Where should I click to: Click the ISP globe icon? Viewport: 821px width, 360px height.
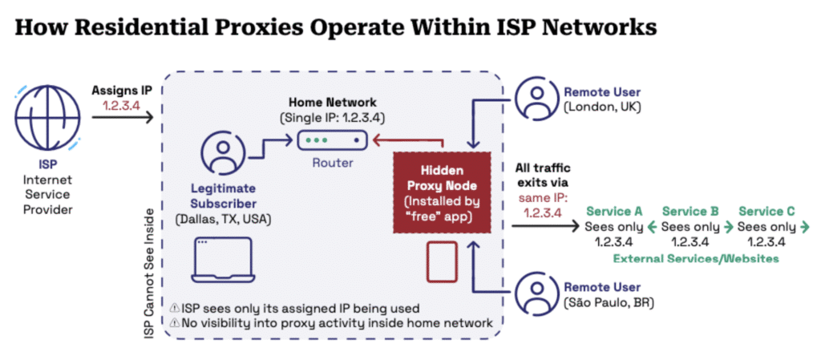pyautogui.click(x=47, y=120)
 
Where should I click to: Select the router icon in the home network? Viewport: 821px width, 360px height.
pyautogui.click(x=331, y=140)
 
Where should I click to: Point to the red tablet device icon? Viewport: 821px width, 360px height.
pyautogui.click(x=441, y=262)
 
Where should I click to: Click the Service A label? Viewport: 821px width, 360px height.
pyautogui.click(x=614, y=212)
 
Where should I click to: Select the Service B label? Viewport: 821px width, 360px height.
pyautogui.click(x=690, y=212)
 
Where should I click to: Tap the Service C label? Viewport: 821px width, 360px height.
pyautogui.click(x=766, y=212)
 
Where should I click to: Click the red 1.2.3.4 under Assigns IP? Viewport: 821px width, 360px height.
pyautogui.click(x=121, y=104)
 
